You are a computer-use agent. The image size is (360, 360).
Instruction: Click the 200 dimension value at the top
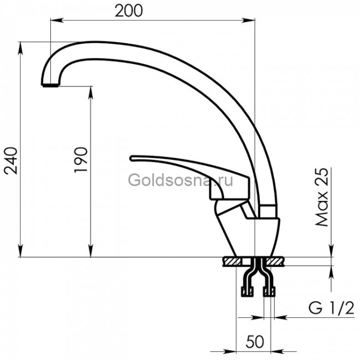point(128,11)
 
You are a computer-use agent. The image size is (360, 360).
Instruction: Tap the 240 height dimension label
point(11,161)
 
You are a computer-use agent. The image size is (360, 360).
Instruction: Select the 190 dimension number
point(81,160)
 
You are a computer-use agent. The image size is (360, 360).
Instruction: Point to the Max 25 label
point(322,197)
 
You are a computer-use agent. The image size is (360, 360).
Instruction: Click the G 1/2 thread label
point(331,308)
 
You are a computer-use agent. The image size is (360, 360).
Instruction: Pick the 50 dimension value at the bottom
point(255,342)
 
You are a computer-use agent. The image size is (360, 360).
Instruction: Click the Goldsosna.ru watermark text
point(181,180)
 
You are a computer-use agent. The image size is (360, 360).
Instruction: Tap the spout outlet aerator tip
point(50,85)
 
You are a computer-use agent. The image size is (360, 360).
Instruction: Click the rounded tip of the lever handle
point(132,158)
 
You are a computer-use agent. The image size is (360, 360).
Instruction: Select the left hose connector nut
point(247,291)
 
